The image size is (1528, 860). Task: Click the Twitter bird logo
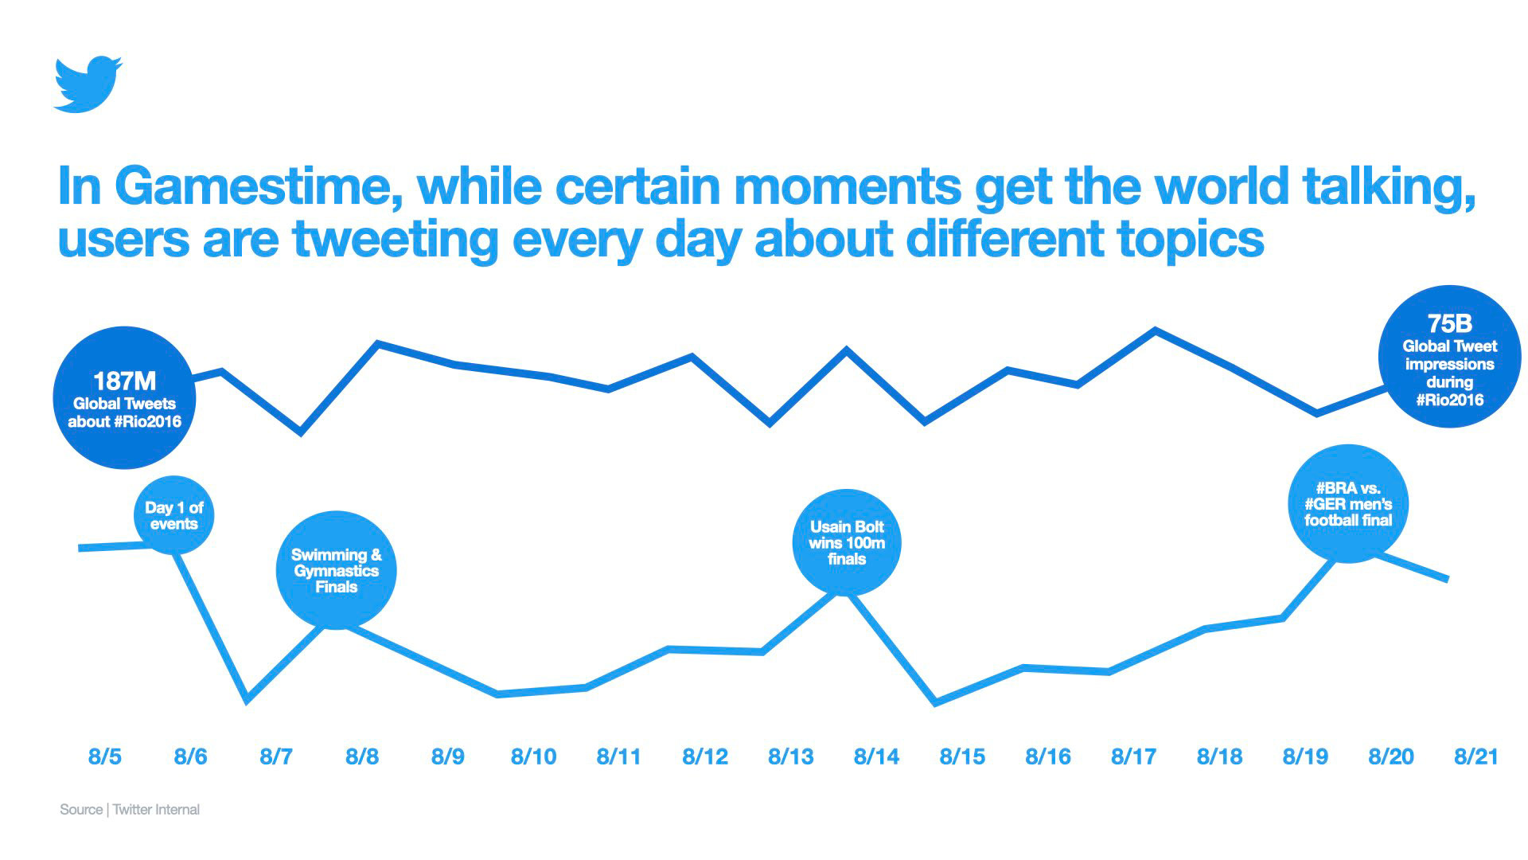pos(88,84)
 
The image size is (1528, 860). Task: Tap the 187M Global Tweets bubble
pos(125,397)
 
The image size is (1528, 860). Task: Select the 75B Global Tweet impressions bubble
pos(1449,356)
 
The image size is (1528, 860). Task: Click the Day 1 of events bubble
pos(174,515)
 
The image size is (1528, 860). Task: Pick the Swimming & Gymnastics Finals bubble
pos(336,570)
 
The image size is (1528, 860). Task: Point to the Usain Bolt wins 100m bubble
pos(847,542)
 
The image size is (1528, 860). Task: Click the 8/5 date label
pos(105,756)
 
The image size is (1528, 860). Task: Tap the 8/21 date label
pos(1476,756)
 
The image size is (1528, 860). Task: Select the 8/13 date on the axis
pos(790,756)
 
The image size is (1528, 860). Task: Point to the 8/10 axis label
pos(533,756)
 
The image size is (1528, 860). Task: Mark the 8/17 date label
pos(1133,756)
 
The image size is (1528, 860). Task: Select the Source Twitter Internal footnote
pos(130,809)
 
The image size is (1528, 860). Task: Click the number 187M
pos(125,381)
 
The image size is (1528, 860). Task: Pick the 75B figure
pos(1449,323)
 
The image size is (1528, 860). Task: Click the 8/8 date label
pos(362,756)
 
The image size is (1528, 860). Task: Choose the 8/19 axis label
pos(1305,756)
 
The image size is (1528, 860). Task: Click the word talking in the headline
pos(1388,186)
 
